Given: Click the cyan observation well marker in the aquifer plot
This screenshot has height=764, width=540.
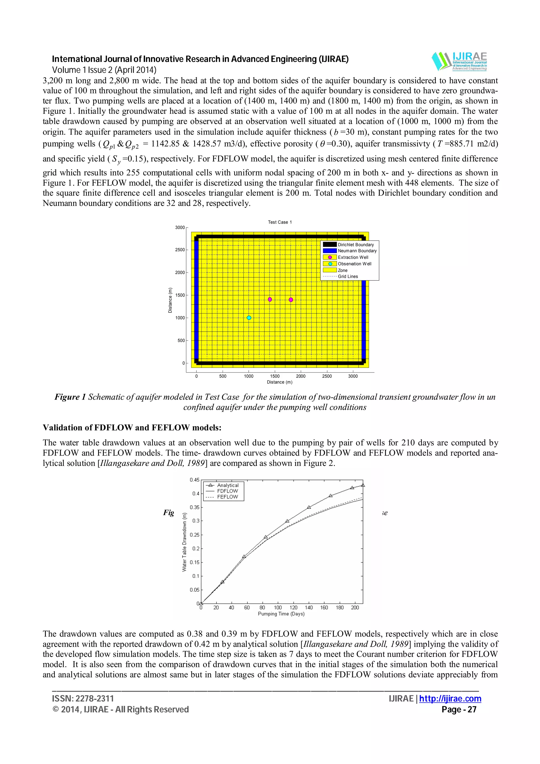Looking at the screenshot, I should (249, 318).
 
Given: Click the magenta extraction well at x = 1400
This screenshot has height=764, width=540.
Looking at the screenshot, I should (270, 299).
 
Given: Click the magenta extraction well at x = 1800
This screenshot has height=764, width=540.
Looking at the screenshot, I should (291, 300).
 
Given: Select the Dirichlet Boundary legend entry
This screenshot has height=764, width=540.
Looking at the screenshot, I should (355, 245).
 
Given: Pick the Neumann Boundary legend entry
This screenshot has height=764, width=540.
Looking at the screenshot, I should (357, 251).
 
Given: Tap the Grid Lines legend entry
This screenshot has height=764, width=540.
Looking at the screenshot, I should (348, 277).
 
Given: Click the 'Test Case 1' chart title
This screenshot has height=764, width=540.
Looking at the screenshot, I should (280, 222).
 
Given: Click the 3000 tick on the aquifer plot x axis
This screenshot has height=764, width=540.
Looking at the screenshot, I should (353, 376).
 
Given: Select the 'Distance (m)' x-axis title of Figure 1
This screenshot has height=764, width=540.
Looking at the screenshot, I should (279, 382).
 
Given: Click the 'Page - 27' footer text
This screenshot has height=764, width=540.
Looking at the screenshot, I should (459, 709).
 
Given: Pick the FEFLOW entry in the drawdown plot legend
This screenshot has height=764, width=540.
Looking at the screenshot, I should (227, 497).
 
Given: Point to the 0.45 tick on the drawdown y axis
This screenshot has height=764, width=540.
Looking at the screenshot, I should (194, 480).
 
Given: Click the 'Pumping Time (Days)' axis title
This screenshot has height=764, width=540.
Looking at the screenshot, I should (281, 614).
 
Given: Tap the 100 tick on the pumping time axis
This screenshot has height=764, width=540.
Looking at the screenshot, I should (278, 608).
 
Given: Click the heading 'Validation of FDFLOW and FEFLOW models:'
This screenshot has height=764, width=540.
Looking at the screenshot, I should (132, 428).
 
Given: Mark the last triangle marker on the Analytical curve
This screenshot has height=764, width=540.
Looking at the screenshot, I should (363, 485).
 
